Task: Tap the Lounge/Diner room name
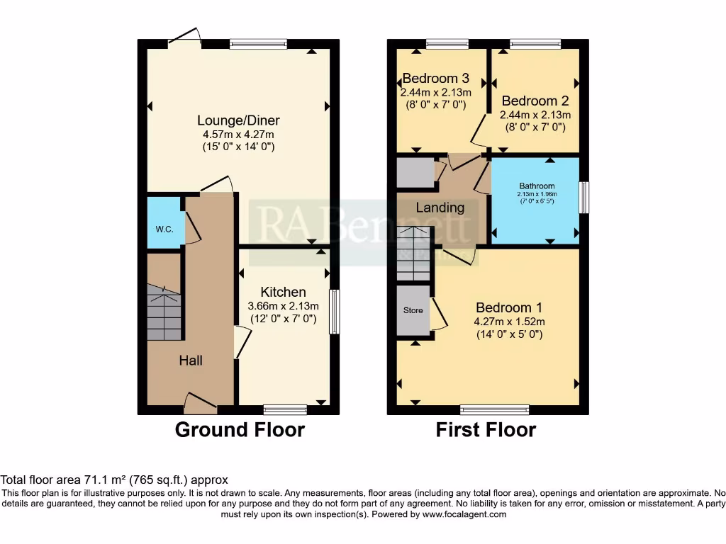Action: pyautogui.click(x=238, y=120)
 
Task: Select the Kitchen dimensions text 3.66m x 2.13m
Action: pyautogui.click(x=283, y=306)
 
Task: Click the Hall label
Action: pyautogui.click(x=190, y=361)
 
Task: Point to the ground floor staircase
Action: pyautogui.click(x=164, y=312)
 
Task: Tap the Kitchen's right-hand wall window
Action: pyautogui.click(x=333, y=310)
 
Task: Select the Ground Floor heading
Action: pyautogui.click(x=240, y=430)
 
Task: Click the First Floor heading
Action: pyautogui.click(x=486, y=430)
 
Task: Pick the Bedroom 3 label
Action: pyautogui.click(x=433, y=78)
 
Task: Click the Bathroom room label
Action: pyautogui.click(x=535, y=186)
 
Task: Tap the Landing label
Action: pyautogui.click(x=440, y=208)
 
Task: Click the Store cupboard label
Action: pyautogui.click(x=413, y=310)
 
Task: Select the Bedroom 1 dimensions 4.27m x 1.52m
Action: pyautogui.click(x=509, y=321)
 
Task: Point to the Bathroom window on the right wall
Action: pyautogui.click(x=583, y=198)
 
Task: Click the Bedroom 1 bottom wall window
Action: pyautogui.click(x=494, y=409)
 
